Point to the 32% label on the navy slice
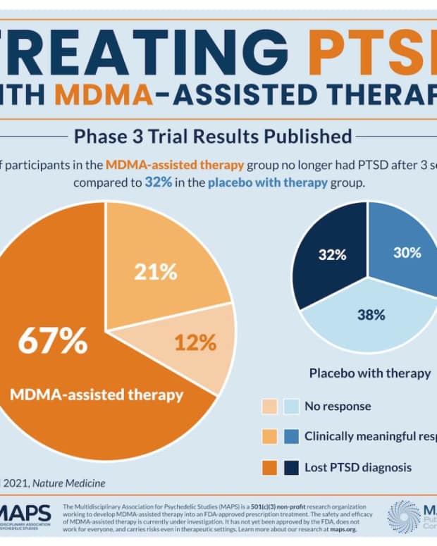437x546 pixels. (x=332, y=254)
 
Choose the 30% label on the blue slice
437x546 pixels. (x=407, y=252)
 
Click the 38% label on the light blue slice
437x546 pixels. (x=370, y=314)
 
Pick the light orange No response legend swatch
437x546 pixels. (x=270, y=407)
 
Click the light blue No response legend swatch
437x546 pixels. (x=290, y=407)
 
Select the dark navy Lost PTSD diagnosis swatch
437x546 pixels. (x=290, y=466)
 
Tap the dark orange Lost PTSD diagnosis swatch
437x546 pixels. (x=270, y=466)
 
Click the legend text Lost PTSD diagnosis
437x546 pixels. (x=358, y=466)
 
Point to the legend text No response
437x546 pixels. (x=337, y=407)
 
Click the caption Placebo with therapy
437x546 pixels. (x=369, y=373)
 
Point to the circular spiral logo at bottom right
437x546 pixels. (x=403, y=516)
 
